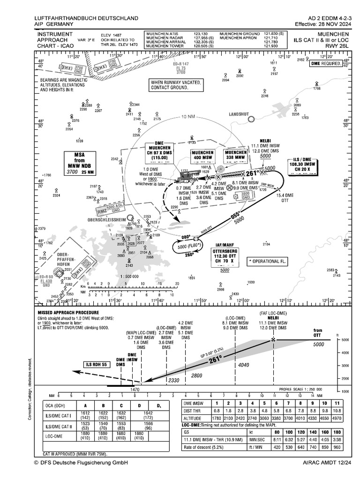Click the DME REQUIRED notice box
tap(326, 63)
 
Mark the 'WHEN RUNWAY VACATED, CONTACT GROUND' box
tap(175, 85)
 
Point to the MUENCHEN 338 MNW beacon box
tap(236, 156)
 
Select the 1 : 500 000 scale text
tap(126, 277)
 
